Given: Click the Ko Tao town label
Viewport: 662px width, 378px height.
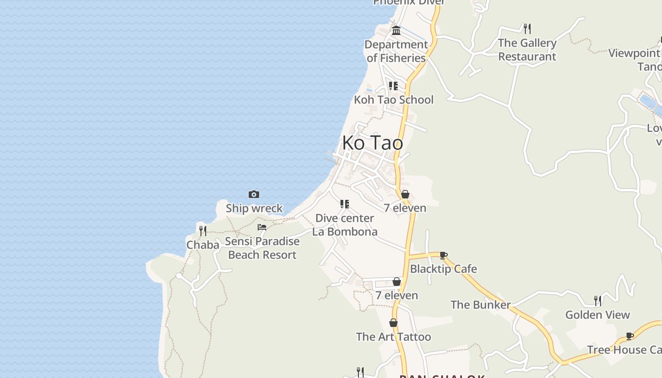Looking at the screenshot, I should pyautogui.click(x=373, y=143).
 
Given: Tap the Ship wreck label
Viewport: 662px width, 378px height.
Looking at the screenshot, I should pyautogui.click(x=254, y=208).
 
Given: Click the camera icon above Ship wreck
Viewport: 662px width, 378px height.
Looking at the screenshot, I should pyautogui.click(x=254, y=194).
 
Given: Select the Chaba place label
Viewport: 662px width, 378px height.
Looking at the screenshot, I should pyautogui.click(x=203, y=245).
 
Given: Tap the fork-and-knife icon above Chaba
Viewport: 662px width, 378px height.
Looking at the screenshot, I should pyautogui.click(x=203, y=231).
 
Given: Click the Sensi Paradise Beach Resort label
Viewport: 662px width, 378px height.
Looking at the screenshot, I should pyautogui.click(x=262, y=248).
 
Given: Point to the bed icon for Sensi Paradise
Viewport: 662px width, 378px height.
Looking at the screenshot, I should pyautogui.click(x=262, y=227).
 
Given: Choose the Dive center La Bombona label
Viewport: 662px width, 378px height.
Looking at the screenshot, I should pyautogui.click(x=345, y=225).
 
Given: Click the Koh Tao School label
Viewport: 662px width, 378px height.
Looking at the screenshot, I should pyautogui.click(x=393, y=100).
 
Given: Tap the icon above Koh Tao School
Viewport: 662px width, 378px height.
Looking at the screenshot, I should pyautogui.click(x=393, y=86).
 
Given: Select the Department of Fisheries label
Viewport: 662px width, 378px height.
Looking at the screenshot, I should pyautogui.click(x=396, y=51).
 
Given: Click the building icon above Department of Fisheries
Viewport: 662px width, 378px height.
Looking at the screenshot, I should pyautogui.click(x=396, y=31).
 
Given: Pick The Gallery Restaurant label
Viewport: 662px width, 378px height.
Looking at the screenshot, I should pyautogui.click(x=527, y=50).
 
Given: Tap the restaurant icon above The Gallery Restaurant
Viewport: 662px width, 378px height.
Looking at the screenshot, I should pyautogui.click(x=527, y=29).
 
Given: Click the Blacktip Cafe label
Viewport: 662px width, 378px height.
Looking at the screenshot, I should pyautogui.click(x=444, y=269).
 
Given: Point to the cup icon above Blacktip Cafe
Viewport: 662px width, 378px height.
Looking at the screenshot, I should pyautogui.click(x=444, y=255).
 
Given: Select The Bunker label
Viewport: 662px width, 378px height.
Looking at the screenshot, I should pyautogui.click(x=480, y=305).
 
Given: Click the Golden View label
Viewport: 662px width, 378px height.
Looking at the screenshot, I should pyautogui.click(x=598, y=315).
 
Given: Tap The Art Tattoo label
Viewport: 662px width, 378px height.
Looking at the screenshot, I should pyautogui.click(x=393, y=337).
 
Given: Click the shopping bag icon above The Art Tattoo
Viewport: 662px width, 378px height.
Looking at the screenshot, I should pyautogui.click(x=393, y=323).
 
